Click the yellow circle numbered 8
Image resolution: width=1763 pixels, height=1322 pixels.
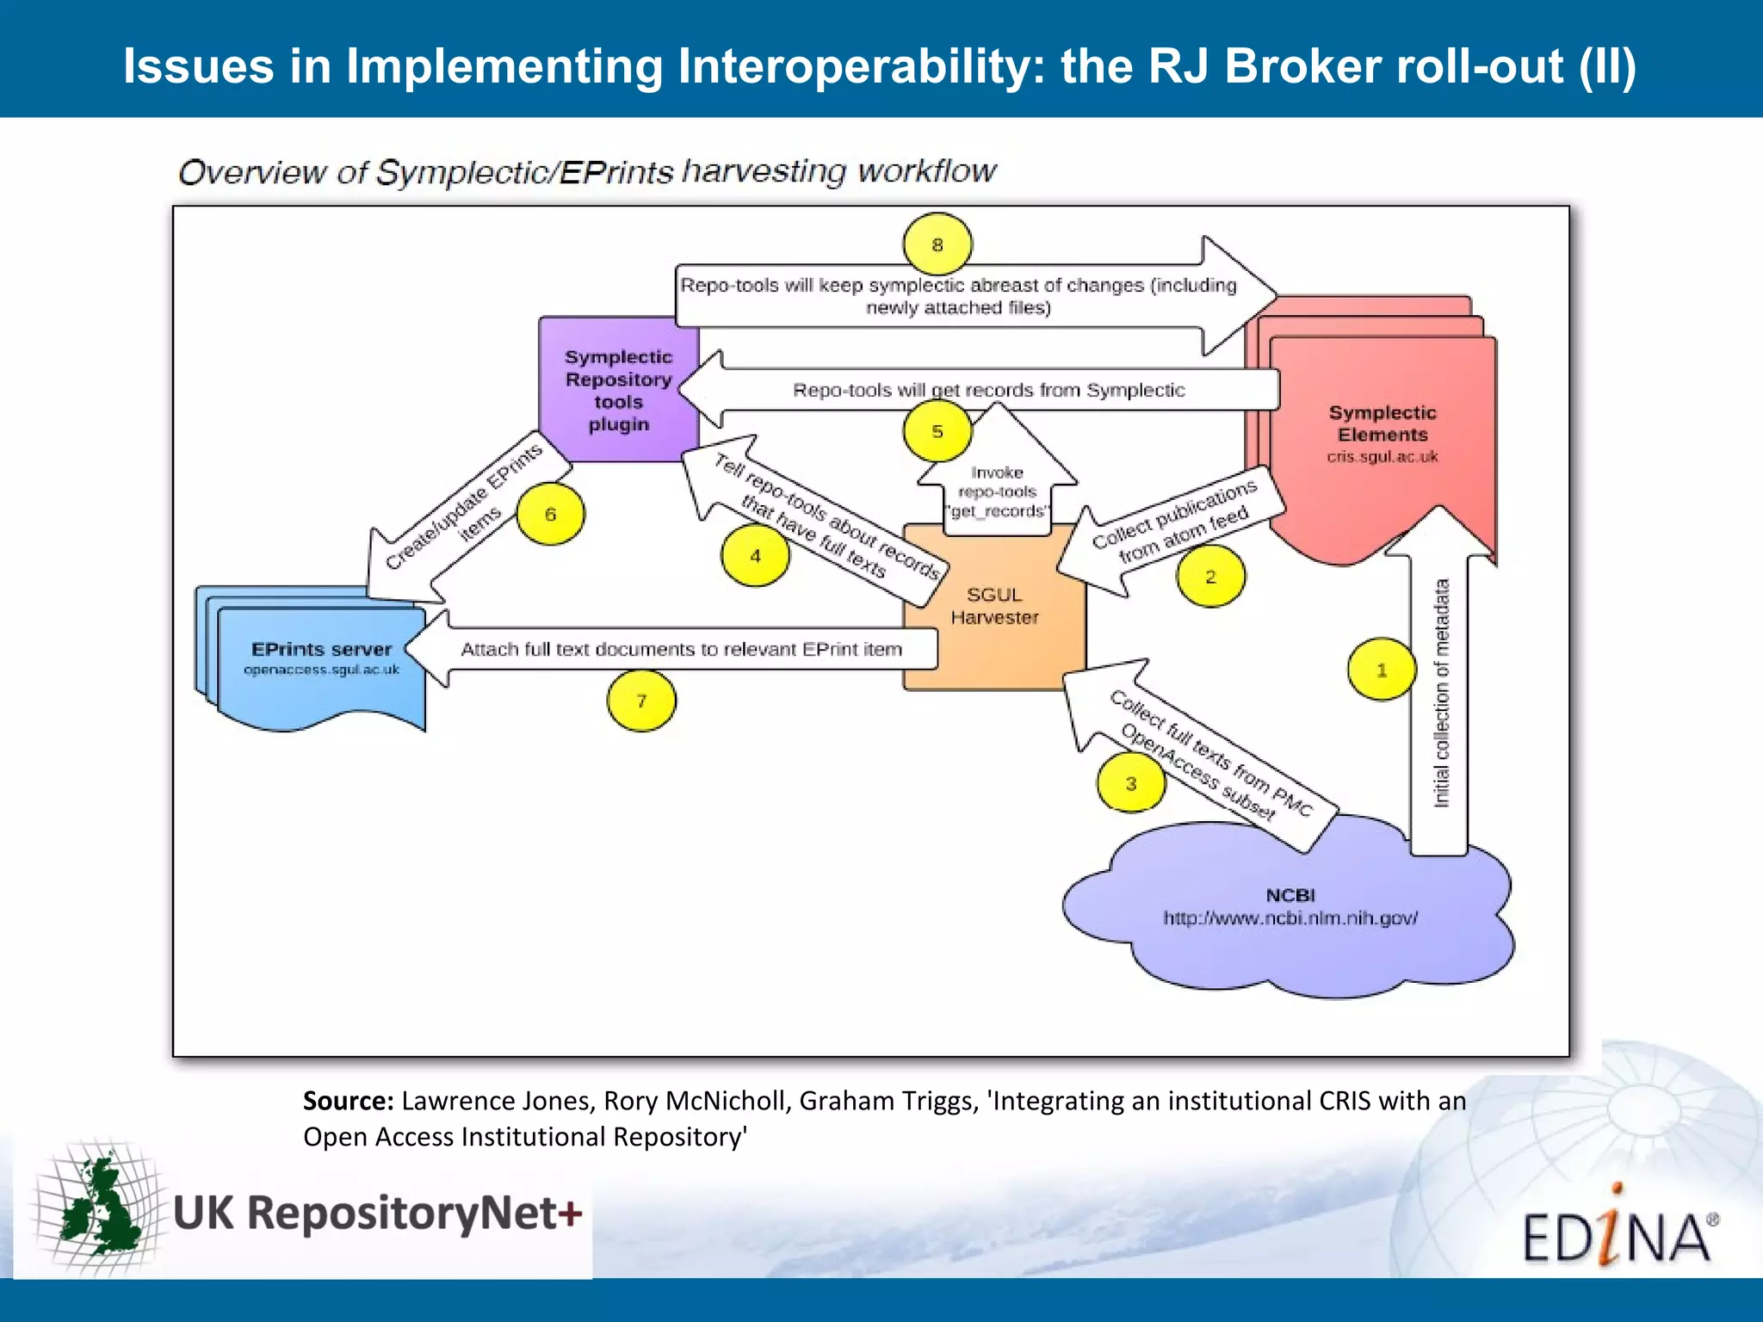point(937,244)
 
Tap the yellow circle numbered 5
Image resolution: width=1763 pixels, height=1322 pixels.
point(937,431)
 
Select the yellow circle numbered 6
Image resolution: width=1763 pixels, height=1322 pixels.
point(550,514)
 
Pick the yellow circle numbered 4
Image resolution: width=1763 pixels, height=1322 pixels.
point(755,556)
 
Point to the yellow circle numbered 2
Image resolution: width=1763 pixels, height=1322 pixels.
point(1210,577)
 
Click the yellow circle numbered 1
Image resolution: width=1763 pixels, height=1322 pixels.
point(1382,670)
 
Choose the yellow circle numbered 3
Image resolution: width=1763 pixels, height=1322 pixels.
point(1131,783)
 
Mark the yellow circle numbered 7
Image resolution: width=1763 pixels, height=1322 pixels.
point(641,701)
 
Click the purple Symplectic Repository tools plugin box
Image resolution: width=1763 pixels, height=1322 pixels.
point(618,390)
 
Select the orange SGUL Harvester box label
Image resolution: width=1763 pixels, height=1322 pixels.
point(994,606)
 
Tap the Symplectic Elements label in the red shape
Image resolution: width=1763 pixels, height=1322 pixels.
point(1383,423)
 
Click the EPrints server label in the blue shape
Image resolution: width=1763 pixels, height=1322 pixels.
point(321,649)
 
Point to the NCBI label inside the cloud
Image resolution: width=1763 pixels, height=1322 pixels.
point(1290,895)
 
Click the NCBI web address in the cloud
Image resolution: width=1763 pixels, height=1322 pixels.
point(1290,918)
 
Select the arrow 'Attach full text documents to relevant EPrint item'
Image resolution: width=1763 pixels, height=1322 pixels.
point(680,649)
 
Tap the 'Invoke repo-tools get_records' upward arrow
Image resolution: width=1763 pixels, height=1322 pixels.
point(997,491)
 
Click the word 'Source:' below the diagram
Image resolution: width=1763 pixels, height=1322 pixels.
point(348,1101)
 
